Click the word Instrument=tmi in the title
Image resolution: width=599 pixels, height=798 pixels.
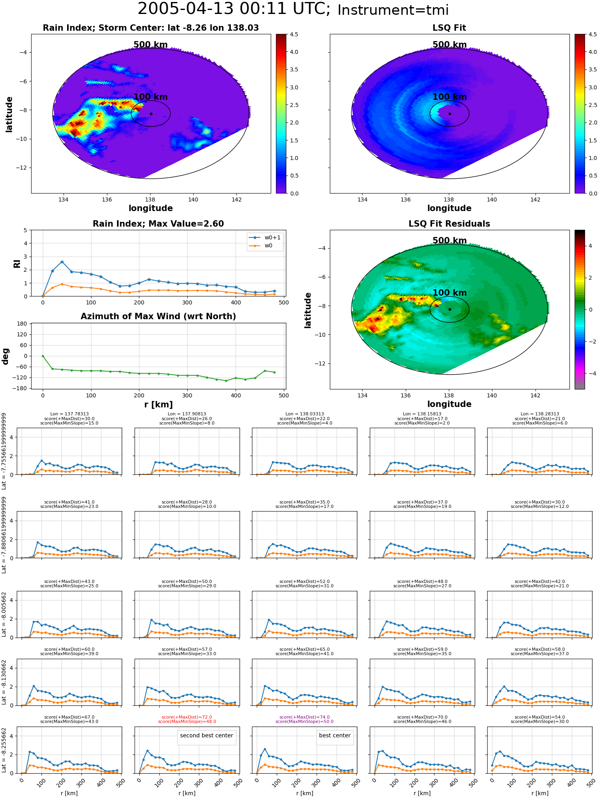click(x=393, y=10)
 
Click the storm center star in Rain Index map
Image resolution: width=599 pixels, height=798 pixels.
click(x=151, y=114)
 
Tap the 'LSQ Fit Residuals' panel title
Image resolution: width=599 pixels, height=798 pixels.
click(x=449, y=224)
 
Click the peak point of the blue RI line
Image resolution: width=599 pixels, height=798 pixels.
click(x=62, y=262)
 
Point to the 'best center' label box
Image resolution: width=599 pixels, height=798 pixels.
click(x=335, y=735)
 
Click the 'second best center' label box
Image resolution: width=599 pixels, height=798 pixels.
click(x=206, y=735)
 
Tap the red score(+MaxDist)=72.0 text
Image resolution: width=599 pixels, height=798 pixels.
click(x=187, y=717)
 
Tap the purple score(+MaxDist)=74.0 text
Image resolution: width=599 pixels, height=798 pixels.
click(x=305, y=717)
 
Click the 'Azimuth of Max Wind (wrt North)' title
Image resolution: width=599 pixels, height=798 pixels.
click(x=159, y=316)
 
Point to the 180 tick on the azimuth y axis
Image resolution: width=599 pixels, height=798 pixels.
click(x=22, y=324)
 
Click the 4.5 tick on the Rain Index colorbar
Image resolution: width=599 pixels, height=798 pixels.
click(x=294, y=34)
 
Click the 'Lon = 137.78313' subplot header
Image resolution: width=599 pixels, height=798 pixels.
click(x=69, y=414)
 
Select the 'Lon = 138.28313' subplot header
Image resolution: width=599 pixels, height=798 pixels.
click(x=540, y=414)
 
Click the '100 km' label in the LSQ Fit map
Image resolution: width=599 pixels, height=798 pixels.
click(x=450, y=97)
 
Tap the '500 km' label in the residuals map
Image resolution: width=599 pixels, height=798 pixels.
click(x=450, y=241)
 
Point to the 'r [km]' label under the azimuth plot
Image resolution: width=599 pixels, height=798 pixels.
click(x=159, y=405)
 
